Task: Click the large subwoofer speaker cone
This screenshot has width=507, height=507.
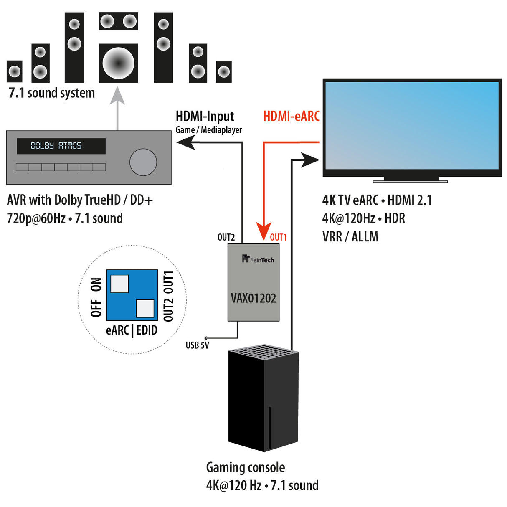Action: pos(118,63)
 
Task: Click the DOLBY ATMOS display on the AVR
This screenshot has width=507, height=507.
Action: pos(61,146)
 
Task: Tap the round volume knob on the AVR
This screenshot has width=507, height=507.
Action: pos(143,162)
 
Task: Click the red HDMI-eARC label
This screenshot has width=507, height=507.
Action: pos(291,116)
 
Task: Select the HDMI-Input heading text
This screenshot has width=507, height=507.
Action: pos(205,116)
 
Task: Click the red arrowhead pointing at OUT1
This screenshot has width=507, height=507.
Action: pos(264,231)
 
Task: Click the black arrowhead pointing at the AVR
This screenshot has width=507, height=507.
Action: pos(186,143)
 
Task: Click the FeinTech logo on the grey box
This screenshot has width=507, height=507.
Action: pos(258,259)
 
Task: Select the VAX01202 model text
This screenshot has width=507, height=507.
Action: pos(253,298)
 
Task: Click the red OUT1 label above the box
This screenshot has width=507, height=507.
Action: pos(278,237)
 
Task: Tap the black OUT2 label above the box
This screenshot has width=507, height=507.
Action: pos(226,237)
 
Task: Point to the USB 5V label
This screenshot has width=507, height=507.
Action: pos(197,345)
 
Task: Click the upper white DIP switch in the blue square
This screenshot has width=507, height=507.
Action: pos(119,284)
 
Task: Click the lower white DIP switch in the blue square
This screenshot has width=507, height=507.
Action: pos(145,309)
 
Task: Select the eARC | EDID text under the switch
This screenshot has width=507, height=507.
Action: pos(132,330)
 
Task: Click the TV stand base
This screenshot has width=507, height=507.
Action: pos(410,181)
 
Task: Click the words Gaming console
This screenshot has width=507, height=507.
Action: pos(246,467)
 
